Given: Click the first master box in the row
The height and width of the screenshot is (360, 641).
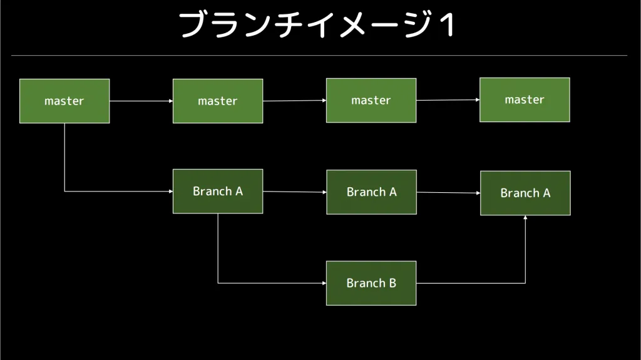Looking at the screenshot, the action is click(64, 101).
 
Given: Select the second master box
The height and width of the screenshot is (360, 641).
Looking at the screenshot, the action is click(218, 101).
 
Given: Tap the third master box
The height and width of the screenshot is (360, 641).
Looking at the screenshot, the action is click(371, 100).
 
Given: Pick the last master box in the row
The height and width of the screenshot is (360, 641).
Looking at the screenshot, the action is click(525, 100).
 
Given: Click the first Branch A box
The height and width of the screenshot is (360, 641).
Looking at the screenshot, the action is click(218, 191).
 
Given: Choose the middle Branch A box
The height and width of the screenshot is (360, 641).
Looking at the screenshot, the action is click(372, 192).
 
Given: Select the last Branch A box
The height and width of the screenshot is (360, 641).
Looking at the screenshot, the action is click(525, 193).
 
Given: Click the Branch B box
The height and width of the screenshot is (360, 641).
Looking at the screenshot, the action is click(371, 283).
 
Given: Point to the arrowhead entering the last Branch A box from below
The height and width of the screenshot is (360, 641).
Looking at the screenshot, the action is click(525, 218).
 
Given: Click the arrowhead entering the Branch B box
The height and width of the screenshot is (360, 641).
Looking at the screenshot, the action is click(324, 283).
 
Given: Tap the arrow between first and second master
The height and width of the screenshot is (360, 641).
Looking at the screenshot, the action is click(141, 101).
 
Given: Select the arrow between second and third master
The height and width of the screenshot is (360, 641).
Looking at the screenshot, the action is click(294, 101).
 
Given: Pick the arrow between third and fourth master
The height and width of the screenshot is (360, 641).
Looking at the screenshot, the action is click(448, 100).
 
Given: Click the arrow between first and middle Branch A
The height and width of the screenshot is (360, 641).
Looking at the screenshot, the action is click(295, 192).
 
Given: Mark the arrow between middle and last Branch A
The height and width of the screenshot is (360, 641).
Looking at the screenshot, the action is click(448, 193).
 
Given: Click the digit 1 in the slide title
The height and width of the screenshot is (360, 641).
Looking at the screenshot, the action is click(448, 25).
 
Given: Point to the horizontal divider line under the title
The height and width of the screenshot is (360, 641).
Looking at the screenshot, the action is click(319, 55).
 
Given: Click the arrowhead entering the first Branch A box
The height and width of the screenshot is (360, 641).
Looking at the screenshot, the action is click(171, 191).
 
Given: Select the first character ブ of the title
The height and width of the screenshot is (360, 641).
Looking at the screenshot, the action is click(192, 25).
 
